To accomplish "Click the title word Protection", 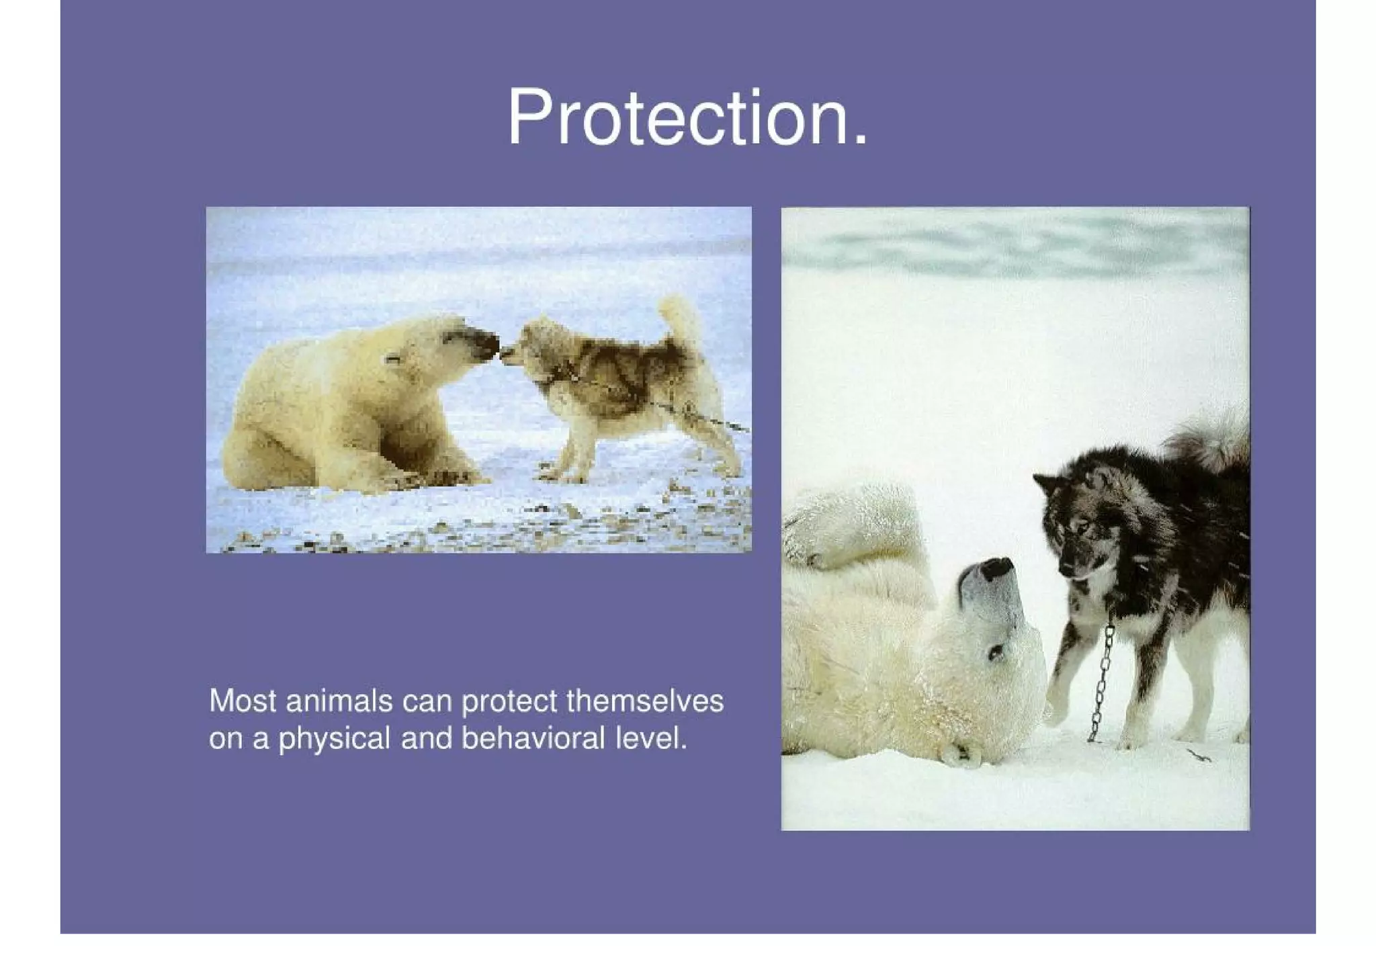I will [687, 118].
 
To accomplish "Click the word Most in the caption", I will [243, 701].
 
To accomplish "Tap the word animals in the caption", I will [339, 701].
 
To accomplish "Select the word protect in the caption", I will [509, 701].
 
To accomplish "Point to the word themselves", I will [644, 701].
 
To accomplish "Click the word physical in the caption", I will [334, 739].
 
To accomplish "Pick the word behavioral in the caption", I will [533, 739].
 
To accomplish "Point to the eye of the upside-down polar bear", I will [995, 651].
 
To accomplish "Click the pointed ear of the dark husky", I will [1046, 484].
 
